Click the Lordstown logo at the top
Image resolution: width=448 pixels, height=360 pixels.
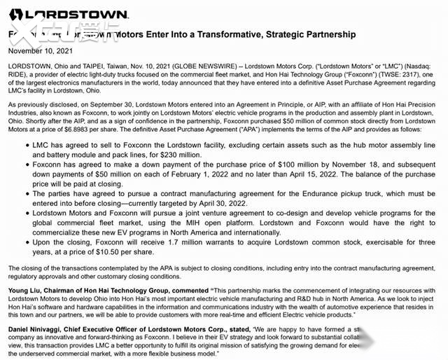tap(67, 14)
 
